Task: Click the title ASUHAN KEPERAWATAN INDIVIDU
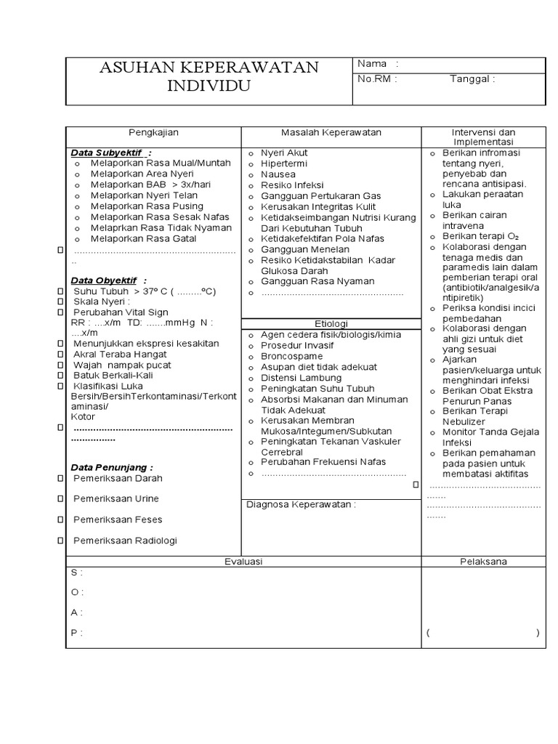click(209, 76)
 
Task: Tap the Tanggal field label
click(472, 79)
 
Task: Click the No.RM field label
click(376, 79)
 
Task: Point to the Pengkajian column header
click(153, 132)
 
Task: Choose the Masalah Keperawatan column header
click(331, 132)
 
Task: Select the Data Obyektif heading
click(108, 280)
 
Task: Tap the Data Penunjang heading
click(111, 467)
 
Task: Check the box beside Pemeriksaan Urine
click(60, 499)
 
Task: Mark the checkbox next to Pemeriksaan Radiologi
click(60, 541)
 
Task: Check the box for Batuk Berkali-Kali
click(60, 376)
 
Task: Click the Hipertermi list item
click(284, 164)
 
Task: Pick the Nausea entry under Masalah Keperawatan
click(278, 174)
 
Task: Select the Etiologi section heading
click(331, 323)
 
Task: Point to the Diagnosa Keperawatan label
click(301, 504)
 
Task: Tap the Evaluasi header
click(243, 562)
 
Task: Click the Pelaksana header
click(483, 562)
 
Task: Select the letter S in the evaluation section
click(73, 573)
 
